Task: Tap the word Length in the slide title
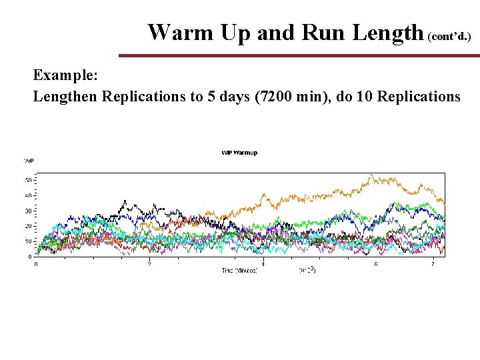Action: [382, 32]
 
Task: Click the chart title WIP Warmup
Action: [239, 153]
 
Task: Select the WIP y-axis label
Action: [29, 161]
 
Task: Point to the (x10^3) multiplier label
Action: [307, 271]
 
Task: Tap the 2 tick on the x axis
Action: [149, 264]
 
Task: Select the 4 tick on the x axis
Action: [263, 264]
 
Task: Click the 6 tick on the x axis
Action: [376, 264]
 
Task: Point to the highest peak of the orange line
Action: [371, 175]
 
